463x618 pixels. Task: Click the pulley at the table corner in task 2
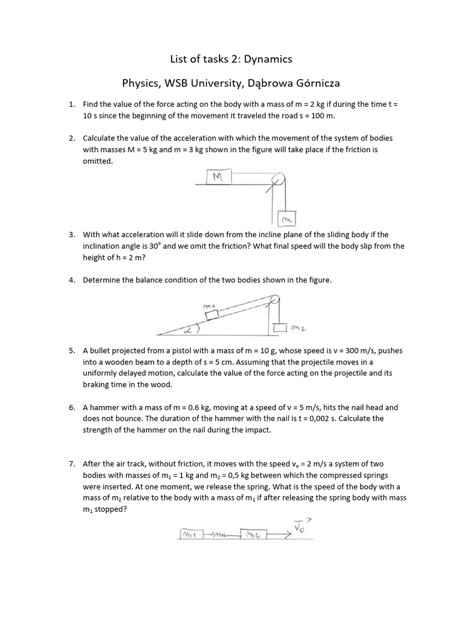[x=277, y=180]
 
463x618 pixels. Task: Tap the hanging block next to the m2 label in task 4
[x=279, y=328]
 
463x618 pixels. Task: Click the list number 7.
[x=71, y=464]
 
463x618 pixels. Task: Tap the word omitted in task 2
[x=98, y=161]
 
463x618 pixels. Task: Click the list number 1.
[x=71, y=104]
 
